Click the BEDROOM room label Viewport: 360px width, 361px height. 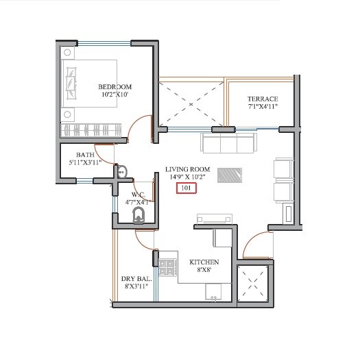tap(115, 86)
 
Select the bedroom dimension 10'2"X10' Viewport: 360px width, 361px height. tap(115, 95)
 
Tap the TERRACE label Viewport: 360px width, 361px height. tap(262, 99)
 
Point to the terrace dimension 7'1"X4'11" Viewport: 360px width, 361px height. tap(262, 108)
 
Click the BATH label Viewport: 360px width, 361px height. tap(85, 155)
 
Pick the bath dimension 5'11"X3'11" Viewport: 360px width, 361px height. tap(85, 163)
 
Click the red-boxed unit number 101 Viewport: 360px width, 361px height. tap(185, 188)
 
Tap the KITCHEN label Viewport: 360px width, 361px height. tap(204, 262)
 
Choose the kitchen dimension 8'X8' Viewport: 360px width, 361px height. tap(204, 271)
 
